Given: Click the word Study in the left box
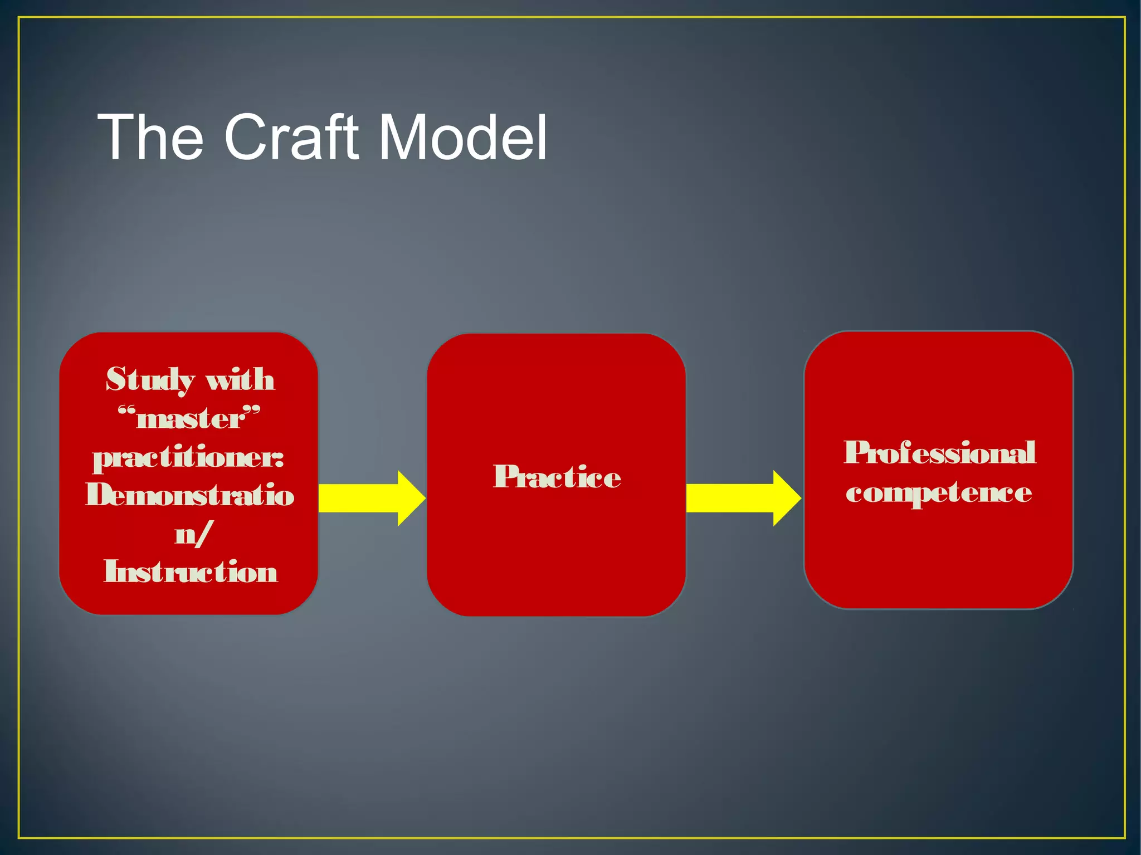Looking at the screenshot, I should pyautogui.click(x=149, y=380).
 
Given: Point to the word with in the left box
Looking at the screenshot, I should pyautogui.click(x=240, y=380).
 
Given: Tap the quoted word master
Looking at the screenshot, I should pyautogui.click(x=189, y=419).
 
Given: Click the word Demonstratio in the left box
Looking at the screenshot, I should pyautogui.click(x=189, y=495).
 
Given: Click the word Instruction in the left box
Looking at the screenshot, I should pyautogui.click(x=191, y=572).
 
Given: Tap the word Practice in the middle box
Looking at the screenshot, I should pyautogui.click(x=557, y=477).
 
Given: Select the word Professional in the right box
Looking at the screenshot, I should pyautogui.click(x=939, y=453).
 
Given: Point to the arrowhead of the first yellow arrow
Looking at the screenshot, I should pyautogui.click(x=411, y=498).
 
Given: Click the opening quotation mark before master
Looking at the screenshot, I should pyautogui.click(x=127, y=412).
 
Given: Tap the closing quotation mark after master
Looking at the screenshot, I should pyautogui.click(x=251, y=412).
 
